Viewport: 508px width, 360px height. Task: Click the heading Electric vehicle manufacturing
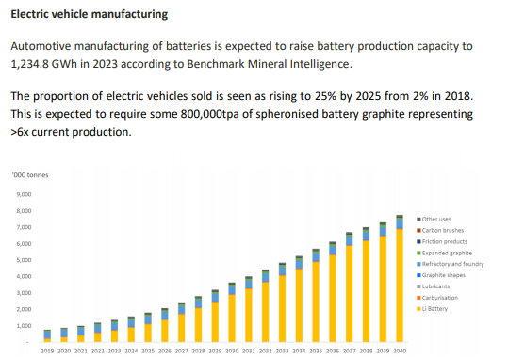pos(90,15)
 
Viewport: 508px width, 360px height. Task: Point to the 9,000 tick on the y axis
pos(24,195)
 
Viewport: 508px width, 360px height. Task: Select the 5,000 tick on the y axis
pos(24,260)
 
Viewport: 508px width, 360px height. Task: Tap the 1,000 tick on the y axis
pos(24,325)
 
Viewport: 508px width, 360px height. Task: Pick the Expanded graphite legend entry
pos(446,253)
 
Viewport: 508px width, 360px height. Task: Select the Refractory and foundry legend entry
pos(452,264)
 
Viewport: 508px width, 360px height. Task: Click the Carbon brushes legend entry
pos(443,230)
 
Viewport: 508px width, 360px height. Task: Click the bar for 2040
pos(400,283)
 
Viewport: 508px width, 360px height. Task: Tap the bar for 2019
pos(47,336)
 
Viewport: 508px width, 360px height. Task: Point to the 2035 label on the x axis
pos(315,351)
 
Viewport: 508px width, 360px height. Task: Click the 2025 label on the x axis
pos(149,351)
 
